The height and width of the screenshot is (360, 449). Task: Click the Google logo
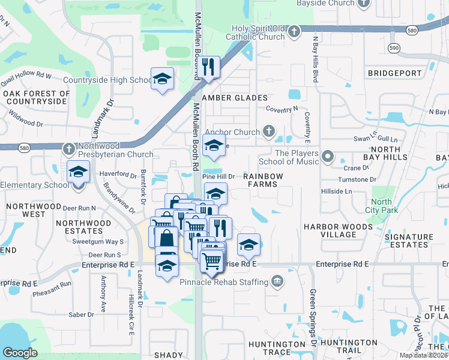click(x=20, y=353)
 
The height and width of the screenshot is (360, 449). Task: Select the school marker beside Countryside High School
click(x=162, y=79)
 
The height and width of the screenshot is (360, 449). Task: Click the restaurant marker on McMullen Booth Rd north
click(x=208, y=67)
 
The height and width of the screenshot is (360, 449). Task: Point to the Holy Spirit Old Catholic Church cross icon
click(x=294, y=32)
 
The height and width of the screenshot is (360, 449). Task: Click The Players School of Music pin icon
click(x=327, y=157)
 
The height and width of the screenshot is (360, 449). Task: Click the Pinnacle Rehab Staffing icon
click(x=277, y=281)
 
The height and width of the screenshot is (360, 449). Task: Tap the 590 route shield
click(x=394, y=47)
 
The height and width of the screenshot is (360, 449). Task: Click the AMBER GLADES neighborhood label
click(x=235, y=98)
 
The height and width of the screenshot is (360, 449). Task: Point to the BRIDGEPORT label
click(x=394, y=73)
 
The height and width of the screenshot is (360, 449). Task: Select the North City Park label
click(x=381, y=206)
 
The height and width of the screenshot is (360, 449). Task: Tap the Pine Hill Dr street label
click(x=217, y=176)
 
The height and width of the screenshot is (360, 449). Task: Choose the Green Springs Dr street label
click(x=313, y=318)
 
